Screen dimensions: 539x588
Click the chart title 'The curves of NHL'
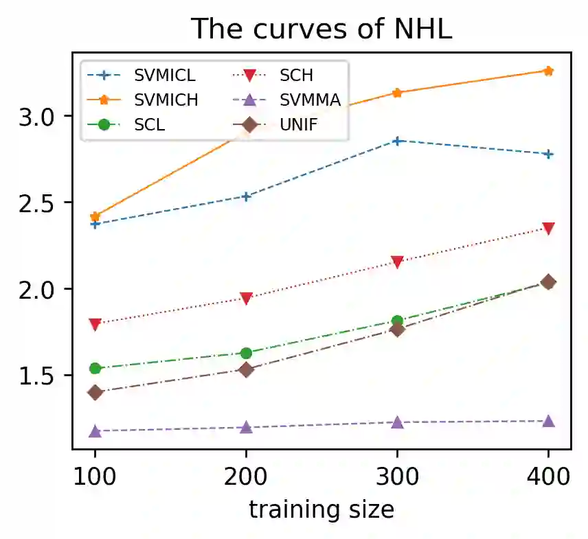(x=322, y=29)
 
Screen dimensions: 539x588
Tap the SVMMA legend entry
(x=309, y=100)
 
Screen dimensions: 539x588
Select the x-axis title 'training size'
(x=321, y=509)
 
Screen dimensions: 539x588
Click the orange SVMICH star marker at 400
(x=548, y=71)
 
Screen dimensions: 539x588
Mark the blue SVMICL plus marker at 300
(x=397, y=141)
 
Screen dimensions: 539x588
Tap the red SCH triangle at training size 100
(x=95, y=323)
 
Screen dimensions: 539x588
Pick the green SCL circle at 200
(x=246, y=353)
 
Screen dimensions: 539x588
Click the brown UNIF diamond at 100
(x=95, y=393)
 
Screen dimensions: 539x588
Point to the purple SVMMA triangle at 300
(x=397, y=422)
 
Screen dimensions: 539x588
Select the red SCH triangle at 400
(x=548, y=229)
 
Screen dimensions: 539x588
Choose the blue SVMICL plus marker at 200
(x=246, y=196)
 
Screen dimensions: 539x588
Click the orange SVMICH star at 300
(x=397, y=93)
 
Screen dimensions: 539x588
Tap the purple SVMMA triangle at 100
(x=95, y=431)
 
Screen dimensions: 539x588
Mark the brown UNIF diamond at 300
(x=397, y=330)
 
